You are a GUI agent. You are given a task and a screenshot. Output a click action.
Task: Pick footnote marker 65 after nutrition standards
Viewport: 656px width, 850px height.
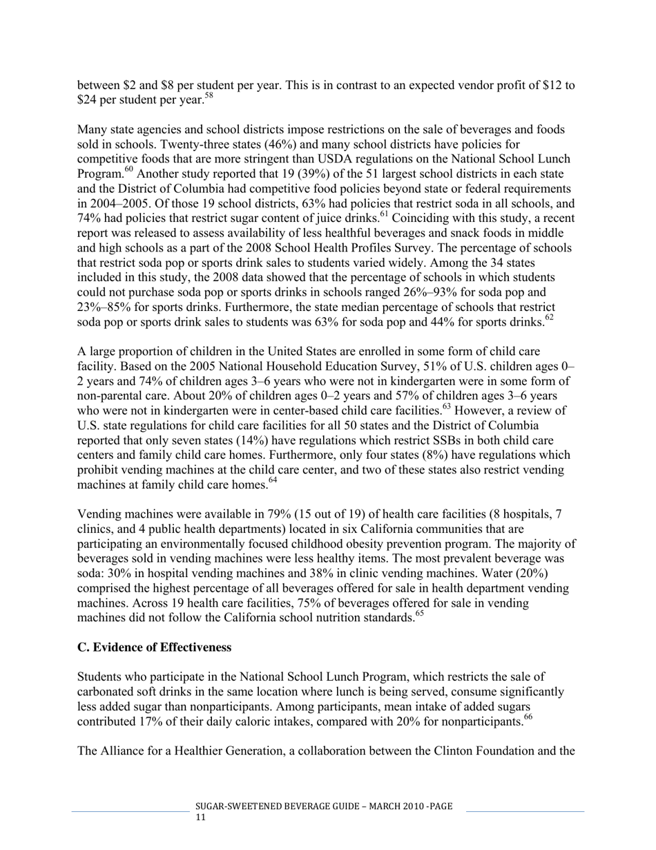click(419, 614)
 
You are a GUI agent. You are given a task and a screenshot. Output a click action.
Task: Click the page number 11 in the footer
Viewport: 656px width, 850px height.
click(201, 818)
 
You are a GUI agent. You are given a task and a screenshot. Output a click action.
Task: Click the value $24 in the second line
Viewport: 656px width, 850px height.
click(87, 100)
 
